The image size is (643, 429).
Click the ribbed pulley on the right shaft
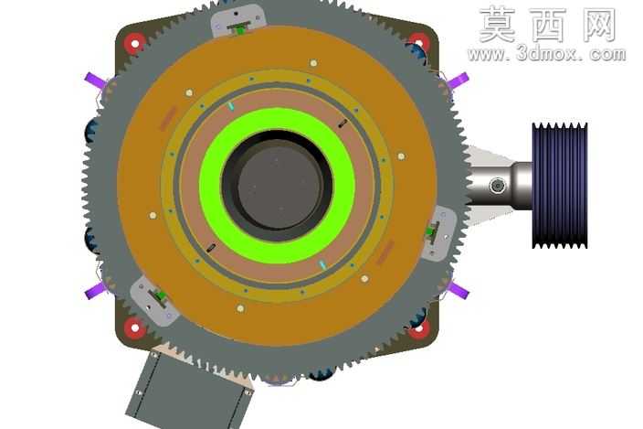[x=560, y=186]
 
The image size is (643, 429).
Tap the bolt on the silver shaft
[x=498, y=186]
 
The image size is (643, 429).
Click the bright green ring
[x=278, y=186]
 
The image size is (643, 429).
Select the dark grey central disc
[x=279, y=187]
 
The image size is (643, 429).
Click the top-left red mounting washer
[x=135, y=42]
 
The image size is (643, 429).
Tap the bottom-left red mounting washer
[x=135, y=327]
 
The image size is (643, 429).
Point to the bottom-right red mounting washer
[x=419, y=328]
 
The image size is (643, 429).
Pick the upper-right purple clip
[x=458, y=80]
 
